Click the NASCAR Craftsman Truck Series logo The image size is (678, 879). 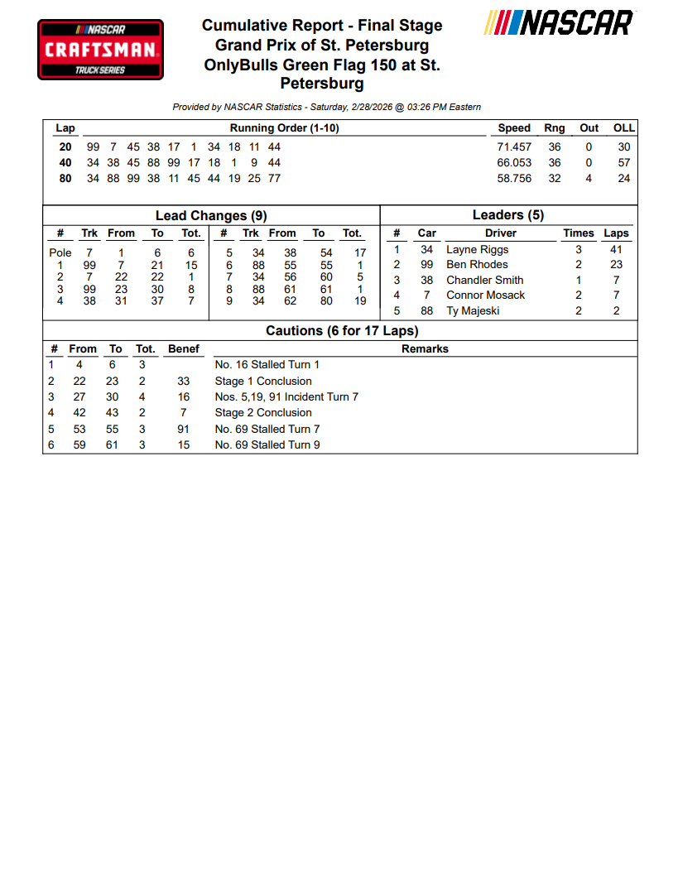pyautogui.click(x=100, y=50)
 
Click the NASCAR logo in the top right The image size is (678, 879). pyautogui.click(x=560, y=23)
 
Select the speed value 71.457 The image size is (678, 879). pyautogui.click(x=513, y=146)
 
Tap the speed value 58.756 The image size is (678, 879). pyautogui.click(x=513, y=178)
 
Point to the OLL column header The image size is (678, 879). pyautogui.click(x=623, y=128)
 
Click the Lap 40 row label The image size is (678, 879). pyautogui.click(x=65, y=162)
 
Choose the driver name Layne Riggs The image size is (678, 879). pyautogui.click(x=477, y=249)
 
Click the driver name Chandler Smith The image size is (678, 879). pyautogui.click(x=484, y=280)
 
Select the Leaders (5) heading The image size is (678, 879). pyautogui.click(x=507, y=215)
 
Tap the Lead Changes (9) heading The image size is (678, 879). pyautogui.click(x=211, y=216)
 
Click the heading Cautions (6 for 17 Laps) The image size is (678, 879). pyautogui.click(x=342, y=330)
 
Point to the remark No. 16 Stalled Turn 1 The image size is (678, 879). pyautogui.click(x=267, y=364)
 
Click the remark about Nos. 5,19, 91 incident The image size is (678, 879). pyautogui.click(x=286, y=396)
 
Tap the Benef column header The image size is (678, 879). pyautogui.click(x=183, y=348)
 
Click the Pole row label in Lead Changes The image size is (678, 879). pyautogui.click(x=60, y=252)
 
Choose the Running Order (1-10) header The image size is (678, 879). pyautogui.click(x=284, y=128)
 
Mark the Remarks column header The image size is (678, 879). pyautogui.click(x=425, y=348)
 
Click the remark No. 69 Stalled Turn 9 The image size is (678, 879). pyautogui.click(x=267, y=444)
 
